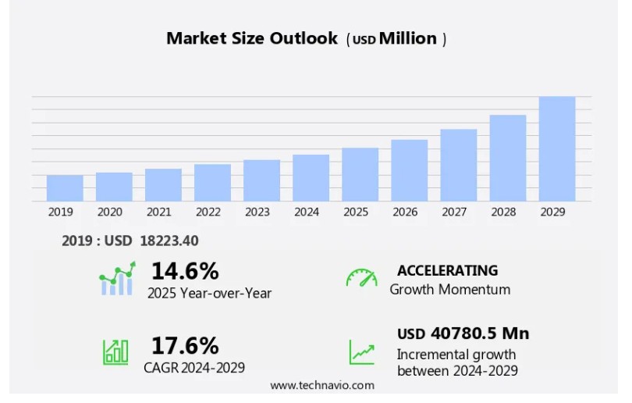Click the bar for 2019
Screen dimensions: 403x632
click(x=65, y=188)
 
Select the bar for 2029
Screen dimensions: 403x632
click(x=557, y=149)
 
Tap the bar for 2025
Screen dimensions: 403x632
click(x=360, y=174)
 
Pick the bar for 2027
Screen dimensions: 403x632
click(x=459, y=165)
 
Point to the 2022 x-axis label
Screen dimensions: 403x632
click(x=208, y=212)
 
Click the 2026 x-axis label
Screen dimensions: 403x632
click(x=404, y=212)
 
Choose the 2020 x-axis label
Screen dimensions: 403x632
click(x=109, y=212)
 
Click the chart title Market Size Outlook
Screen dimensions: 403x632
click(x=252, y=38)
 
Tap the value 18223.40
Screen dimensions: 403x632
click(x=169, y=241)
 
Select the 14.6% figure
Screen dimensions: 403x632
click(x=185, y=271)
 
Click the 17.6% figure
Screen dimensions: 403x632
click(x=185, y=345)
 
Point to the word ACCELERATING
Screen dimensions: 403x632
click(x=447, y=270)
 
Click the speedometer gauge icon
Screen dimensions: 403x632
click(x=361, y=278)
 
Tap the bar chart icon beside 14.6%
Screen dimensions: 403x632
click(x=117, y=279)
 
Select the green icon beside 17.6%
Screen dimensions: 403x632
click(x=115, y=351)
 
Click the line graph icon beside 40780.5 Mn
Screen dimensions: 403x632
click(x=361, y=351)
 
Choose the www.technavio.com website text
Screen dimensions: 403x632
click(x=322, y=385)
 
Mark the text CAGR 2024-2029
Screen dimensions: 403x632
click(x=194, y=368)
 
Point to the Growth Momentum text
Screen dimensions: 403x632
click(x=450, y=290)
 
